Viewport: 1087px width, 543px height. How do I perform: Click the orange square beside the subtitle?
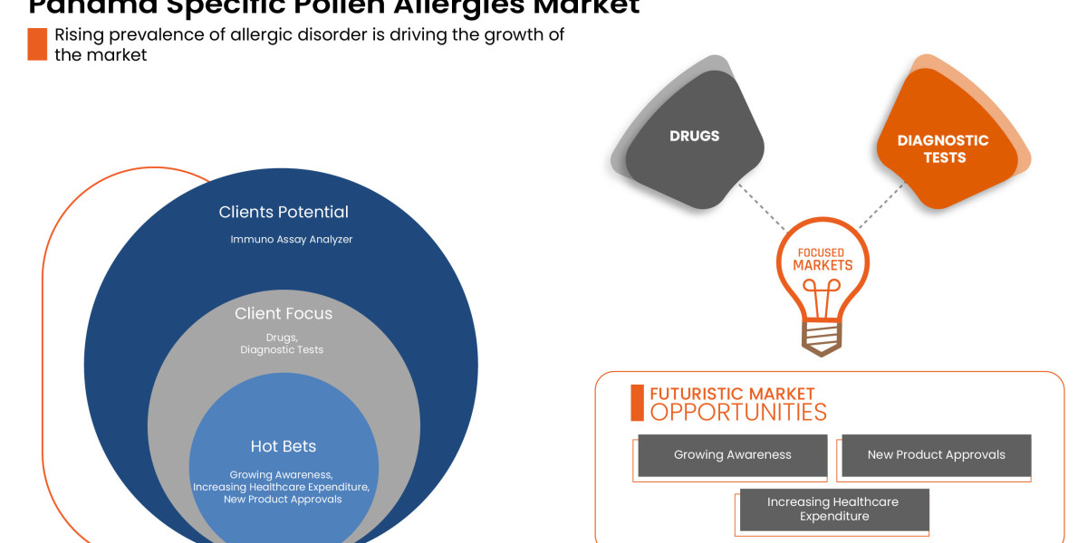coord(37,44)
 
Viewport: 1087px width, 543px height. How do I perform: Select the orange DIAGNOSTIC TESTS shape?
coord(943,148)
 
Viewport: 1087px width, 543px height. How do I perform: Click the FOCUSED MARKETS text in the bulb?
coord(822,259)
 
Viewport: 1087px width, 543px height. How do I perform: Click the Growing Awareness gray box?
coord(733,455)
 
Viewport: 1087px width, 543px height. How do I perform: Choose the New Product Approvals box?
coord(936,455)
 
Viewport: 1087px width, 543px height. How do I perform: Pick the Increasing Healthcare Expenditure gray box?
coord(833,510)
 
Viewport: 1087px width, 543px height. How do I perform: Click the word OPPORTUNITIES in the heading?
coord(738,413)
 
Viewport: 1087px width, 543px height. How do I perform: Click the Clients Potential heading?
coord(284,212)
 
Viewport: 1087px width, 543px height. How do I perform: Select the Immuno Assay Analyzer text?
coord(292,240)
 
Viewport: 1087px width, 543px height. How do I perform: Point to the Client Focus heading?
coord(284,313)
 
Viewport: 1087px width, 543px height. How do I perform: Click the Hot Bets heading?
coord(284,446)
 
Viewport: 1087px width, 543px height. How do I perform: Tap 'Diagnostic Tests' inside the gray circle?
coord(282,349)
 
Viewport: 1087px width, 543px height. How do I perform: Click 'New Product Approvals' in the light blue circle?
coord(283,499)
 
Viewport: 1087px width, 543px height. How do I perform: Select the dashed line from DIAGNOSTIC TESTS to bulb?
coord(880,205)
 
